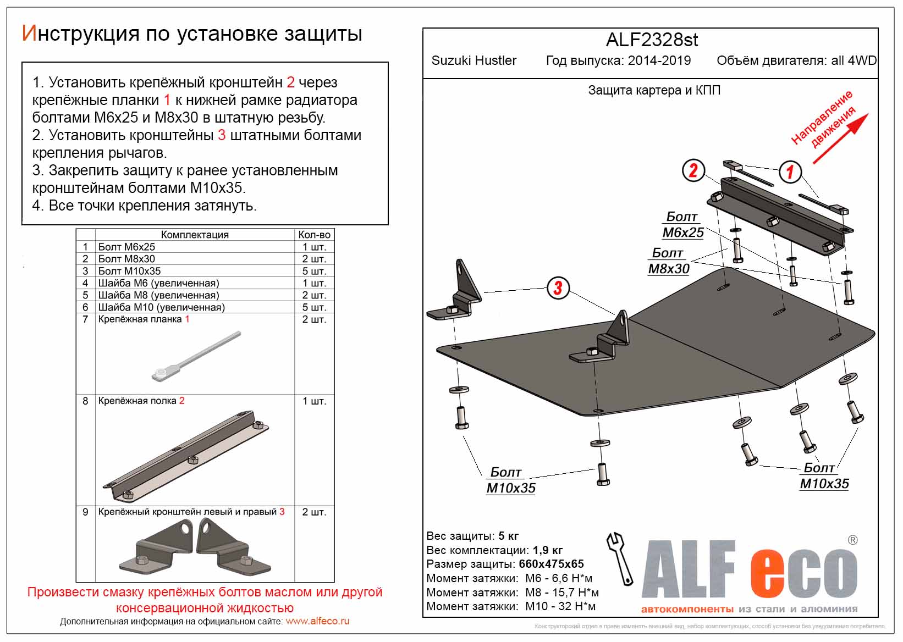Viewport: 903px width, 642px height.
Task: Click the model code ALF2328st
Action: (x=652, y=40)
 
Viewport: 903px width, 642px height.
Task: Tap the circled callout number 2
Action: (x=693, y=170)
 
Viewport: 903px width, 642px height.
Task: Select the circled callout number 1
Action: (x=790, y=172)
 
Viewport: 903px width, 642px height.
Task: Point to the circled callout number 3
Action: (x=558, y=287)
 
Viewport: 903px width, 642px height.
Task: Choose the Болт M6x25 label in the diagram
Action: (x=682, y=225)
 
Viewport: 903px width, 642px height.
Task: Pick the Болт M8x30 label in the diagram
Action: (x=668, y=261)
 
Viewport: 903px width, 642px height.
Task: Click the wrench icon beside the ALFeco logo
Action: (x=619, y=557)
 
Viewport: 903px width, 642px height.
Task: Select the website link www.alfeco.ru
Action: (x=317, y=621)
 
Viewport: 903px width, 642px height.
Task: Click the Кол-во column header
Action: (x=314, y=235)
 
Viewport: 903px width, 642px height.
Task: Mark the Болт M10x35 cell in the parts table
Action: (x=129, y=271)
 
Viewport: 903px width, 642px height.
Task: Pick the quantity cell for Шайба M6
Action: (x=314, y=283)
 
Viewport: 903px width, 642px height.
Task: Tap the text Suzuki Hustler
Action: (x=473, y=60)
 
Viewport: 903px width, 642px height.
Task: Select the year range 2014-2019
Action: (x=659, y=60)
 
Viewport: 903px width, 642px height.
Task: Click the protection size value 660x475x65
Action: (x=551, y=564)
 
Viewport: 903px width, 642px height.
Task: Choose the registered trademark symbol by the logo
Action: (x=852, y=540)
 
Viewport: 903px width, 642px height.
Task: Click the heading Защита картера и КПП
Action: (x=654, y=90)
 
